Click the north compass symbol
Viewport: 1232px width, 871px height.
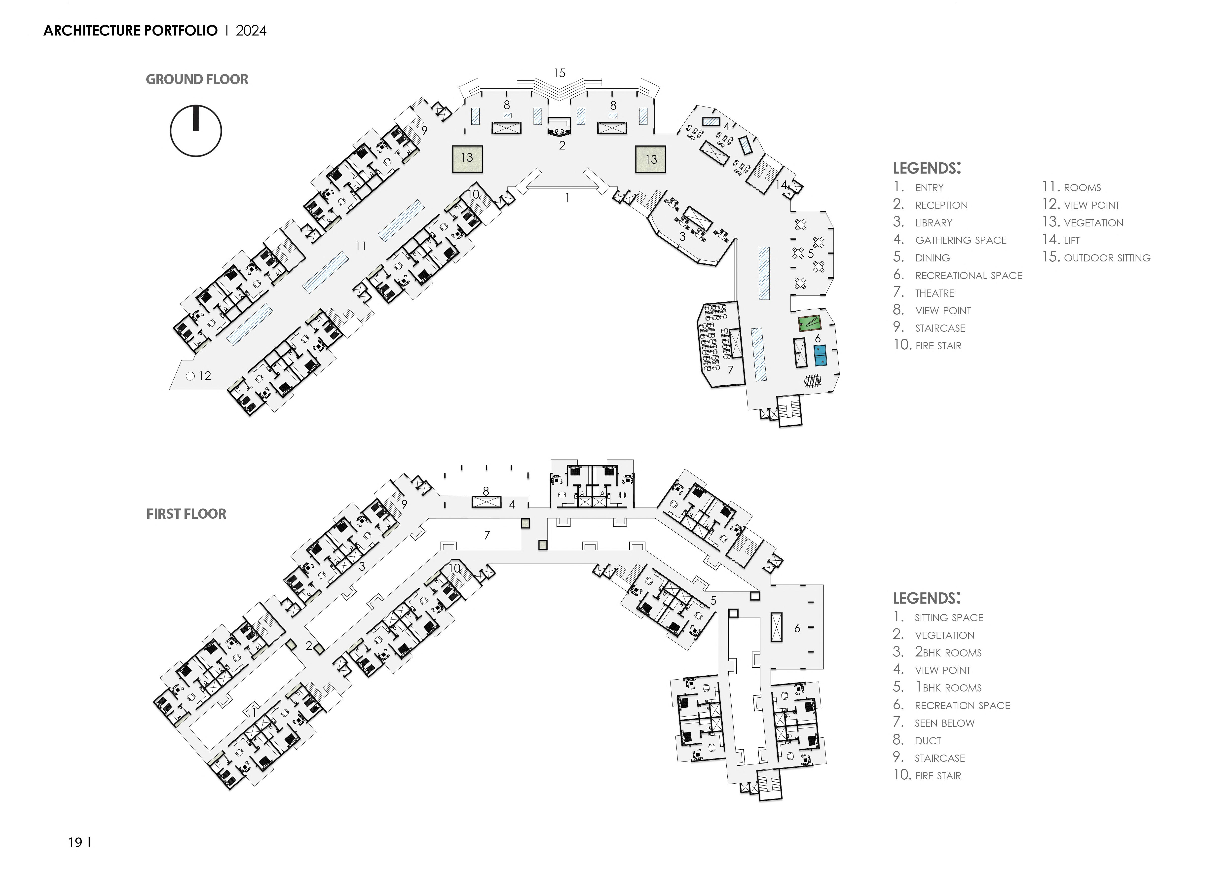pos(196,131)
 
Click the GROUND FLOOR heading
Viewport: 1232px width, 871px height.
pos(197,79)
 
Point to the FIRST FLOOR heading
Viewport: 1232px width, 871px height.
pos(186,514)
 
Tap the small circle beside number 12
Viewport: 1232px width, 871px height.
pos(190,376)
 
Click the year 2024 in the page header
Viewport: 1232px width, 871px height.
pos(251,31)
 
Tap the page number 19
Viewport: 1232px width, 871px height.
pos(75,843)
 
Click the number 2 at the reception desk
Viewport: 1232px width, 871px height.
pos(562,145)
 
